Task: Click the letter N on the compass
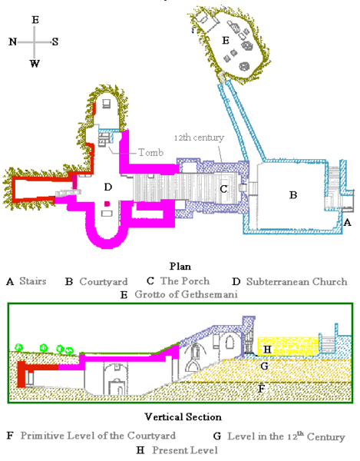coord(13,42)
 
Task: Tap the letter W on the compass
coord(35,64)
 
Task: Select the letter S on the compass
coord(55,42)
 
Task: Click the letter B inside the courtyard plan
coord(292,195)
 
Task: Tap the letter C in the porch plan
coord(223,188)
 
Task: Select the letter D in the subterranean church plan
coord(108,187)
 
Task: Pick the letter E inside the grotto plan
coord(225,38)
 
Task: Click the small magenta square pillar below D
coord(108,203)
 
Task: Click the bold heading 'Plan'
coord(179,268)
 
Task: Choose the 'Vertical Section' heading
coord(179,417)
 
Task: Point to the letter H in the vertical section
coord(267,350)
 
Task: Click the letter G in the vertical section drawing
coord(263,366)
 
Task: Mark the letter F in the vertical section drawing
coord(263,389)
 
